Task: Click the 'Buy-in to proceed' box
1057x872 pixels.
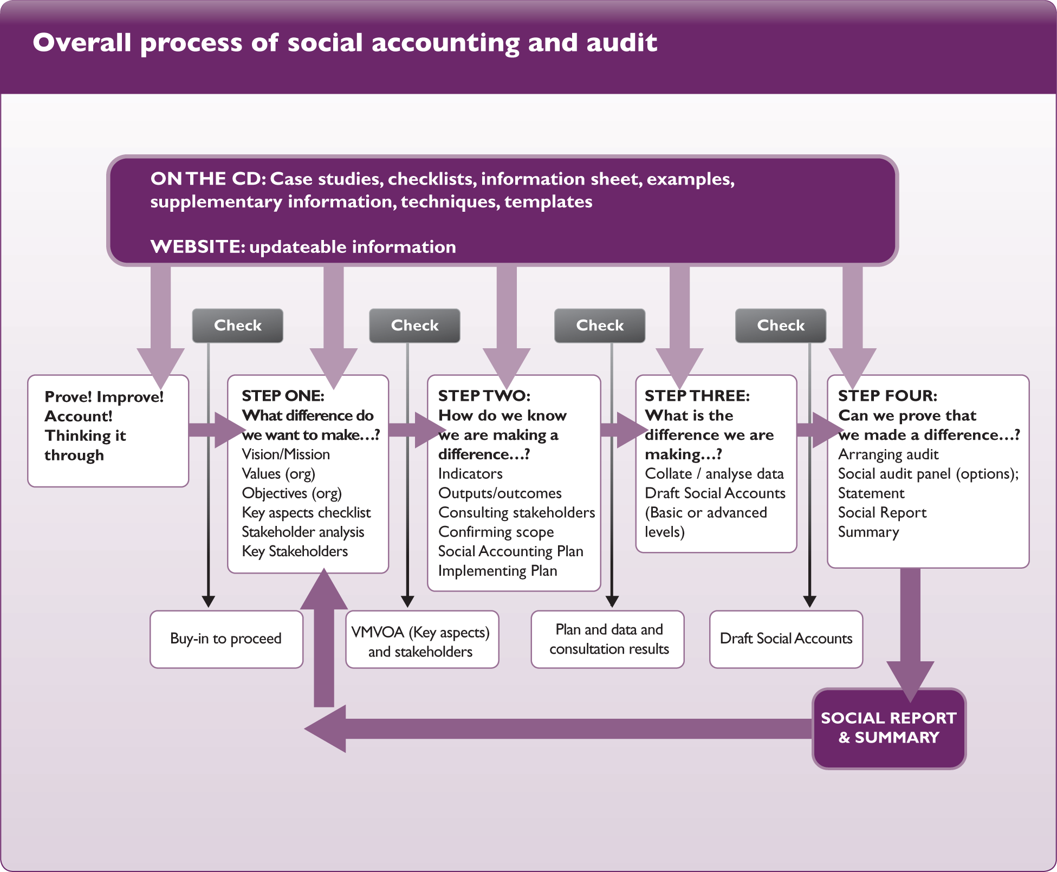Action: (x=226, y=639)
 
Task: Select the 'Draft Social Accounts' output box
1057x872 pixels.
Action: (x=786, y=639)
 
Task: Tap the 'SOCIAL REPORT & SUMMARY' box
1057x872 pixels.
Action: (x=889, y=728)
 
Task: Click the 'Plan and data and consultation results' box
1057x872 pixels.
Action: (x=608, y=639)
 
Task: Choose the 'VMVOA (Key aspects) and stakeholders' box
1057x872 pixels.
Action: (x=421, y=641)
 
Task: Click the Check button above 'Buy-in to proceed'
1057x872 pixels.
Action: (x=237, y=326)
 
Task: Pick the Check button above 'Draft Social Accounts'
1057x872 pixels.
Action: (x=780, y=326)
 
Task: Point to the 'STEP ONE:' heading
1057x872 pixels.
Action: (x=283, y=396)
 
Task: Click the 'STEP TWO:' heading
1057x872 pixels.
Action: (x=484, y=396)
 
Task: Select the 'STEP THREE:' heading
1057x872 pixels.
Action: (x=697, y=396)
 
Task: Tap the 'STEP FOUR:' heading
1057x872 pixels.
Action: (x=887, y=396)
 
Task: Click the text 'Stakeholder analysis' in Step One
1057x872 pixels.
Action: (x=302, y=532)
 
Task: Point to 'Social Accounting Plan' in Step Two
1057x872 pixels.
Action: (x=510, y=551)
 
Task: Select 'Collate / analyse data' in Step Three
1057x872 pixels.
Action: (x=714, y=474)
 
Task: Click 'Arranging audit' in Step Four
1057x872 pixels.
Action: (x=888, y=454)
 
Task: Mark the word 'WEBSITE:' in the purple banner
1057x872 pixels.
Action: (x=198, y=247)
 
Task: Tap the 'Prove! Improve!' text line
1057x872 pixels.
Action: (x=104, y=397)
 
